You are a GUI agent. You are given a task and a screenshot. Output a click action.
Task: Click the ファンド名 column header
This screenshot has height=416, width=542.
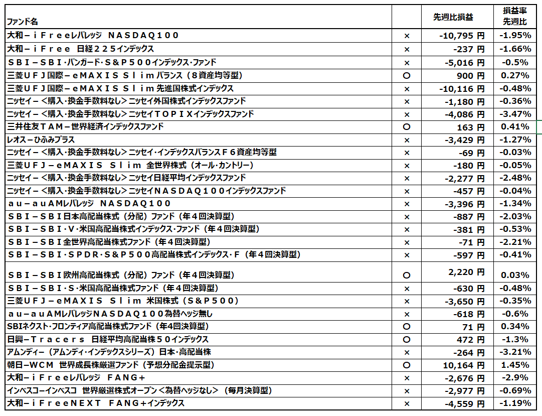tap(22, 22)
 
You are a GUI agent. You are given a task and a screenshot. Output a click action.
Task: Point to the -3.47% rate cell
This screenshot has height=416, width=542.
tap(515, 114)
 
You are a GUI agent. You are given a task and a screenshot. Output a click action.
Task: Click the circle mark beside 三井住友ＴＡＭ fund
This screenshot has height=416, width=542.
tap(407, 127)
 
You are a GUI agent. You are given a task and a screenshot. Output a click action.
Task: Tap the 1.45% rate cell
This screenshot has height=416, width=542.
tap(515, 365)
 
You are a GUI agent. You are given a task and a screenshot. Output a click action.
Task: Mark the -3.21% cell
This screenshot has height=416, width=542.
tap(515, 352)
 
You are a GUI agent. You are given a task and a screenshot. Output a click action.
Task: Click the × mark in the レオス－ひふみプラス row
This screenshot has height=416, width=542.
tap(407, 140)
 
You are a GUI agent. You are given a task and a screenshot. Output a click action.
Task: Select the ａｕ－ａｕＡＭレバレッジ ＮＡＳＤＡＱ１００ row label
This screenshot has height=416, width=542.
tap(89, 203)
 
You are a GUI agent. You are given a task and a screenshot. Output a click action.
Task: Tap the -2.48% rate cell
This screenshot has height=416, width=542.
tap(515, 178)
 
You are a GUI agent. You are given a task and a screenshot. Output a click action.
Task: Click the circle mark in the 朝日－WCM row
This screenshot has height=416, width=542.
tap(407, 365)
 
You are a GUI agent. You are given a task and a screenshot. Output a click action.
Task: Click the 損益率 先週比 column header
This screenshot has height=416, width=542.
tap(515, 17)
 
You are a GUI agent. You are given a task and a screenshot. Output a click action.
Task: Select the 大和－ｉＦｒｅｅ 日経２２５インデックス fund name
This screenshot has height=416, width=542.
tap(81, 49)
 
